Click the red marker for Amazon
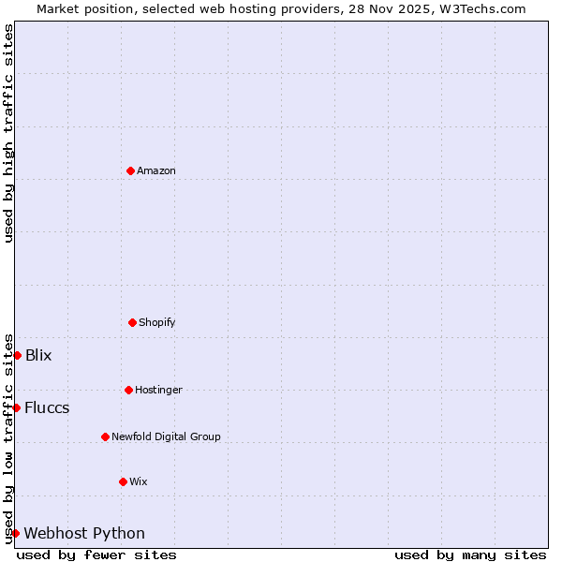[130, 170]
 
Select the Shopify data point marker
[132, 322]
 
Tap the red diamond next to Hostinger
[128, 390]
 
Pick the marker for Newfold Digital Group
[105, 436]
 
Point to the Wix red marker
[123, 481]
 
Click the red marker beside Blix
[17, 355]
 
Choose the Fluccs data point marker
[16, 407]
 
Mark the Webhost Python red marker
[15, 533]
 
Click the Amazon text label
[156, 170]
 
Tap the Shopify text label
[157, 322]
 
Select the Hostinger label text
[158, 390]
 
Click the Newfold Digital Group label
[166, 436]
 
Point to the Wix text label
[139, 481]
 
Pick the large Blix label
[38, 355]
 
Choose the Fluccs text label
[47, 407]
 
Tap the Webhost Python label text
[84, 533]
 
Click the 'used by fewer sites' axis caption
[96, 555]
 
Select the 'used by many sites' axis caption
[470, 555]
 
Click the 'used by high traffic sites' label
[8, 133]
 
